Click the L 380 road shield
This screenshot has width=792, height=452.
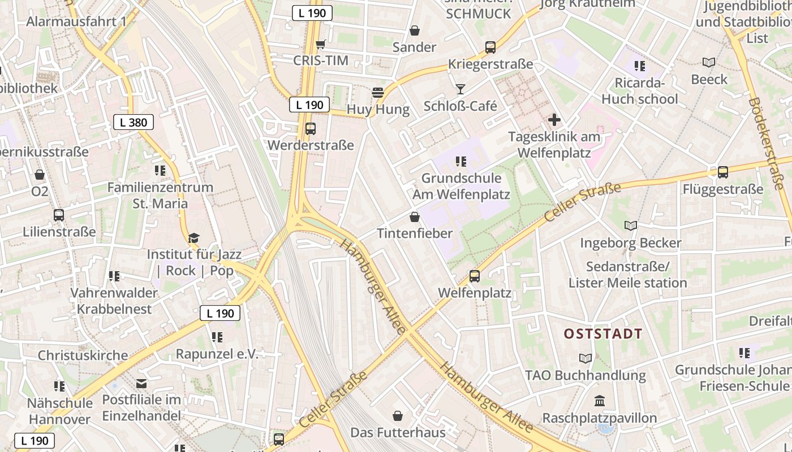coord(134,122)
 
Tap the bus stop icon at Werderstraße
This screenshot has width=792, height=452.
coord(311,129)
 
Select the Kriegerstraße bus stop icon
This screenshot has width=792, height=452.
coord(490,47)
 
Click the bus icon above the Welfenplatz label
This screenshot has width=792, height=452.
coord(475,276)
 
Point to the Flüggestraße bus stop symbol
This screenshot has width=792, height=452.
coord(722,172)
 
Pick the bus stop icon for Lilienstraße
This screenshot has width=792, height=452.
coord(59,215)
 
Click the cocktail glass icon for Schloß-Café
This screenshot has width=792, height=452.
coord(460,89)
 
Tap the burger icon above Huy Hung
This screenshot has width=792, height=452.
coord(378,93)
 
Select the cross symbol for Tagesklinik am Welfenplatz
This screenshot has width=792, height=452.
coord(554,120)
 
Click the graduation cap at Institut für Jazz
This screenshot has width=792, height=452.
coord(194,238)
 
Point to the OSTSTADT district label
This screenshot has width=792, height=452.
coord(603,334)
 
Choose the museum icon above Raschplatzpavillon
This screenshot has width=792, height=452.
coord(600,401)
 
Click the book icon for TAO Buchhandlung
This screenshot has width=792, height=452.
coord(586,359)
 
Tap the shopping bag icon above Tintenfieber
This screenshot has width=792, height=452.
coord(415,217)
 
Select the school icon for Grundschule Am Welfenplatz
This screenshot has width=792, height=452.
coord(461,162)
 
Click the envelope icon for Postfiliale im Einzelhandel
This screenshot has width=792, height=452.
coord(141,384)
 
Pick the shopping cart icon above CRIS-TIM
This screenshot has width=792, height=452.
coord(320,44)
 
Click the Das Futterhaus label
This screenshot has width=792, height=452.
coord(398,433)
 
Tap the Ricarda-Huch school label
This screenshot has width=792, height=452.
coord(640,91)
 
